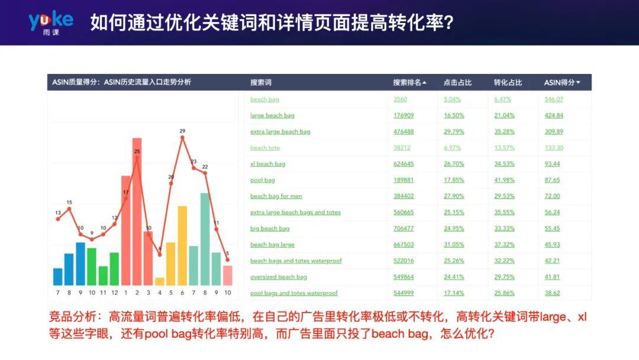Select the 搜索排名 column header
[x=409, y=82]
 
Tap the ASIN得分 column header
[x=562, y=82]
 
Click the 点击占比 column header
[x=457, y=82]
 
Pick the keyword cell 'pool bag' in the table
[x=263, y=180]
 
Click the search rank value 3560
[x=401, y=99]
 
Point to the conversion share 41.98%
[x=505, y=180]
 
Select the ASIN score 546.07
[x=554, y=99]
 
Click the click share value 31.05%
[x=454, y=245]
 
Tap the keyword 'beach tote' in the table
[x=265, y=148]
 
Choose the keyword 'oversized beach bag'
[x=279, y=277]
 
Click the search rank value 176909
[x=404, y=115]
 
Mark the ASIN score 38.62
[x=552, y=293]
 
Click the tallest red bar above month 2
[x=137, y=213]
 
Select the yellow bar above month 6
[x=182, y=246]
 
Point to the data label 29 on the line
[x=182, y=131]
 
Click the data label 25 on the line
[x=137, y=152]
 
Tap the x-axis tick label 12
[x=114, y=292]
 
